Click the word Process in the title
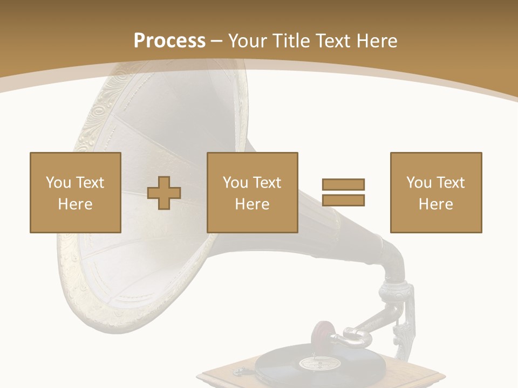point(169,41)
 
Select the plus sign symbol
point(165,193)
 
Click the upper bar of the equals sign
point(343,184)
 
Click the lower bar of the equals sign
point(343,200)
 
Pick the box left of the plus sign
point(76,192)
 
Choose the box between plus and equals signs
point(253,192)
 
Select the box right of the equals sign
point(436,192)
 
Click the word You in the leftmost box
point(58,183)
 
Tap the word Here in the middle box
point(253,204)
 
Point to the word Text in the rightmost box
point(451,183)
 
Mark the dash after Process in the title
point(217,41)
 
